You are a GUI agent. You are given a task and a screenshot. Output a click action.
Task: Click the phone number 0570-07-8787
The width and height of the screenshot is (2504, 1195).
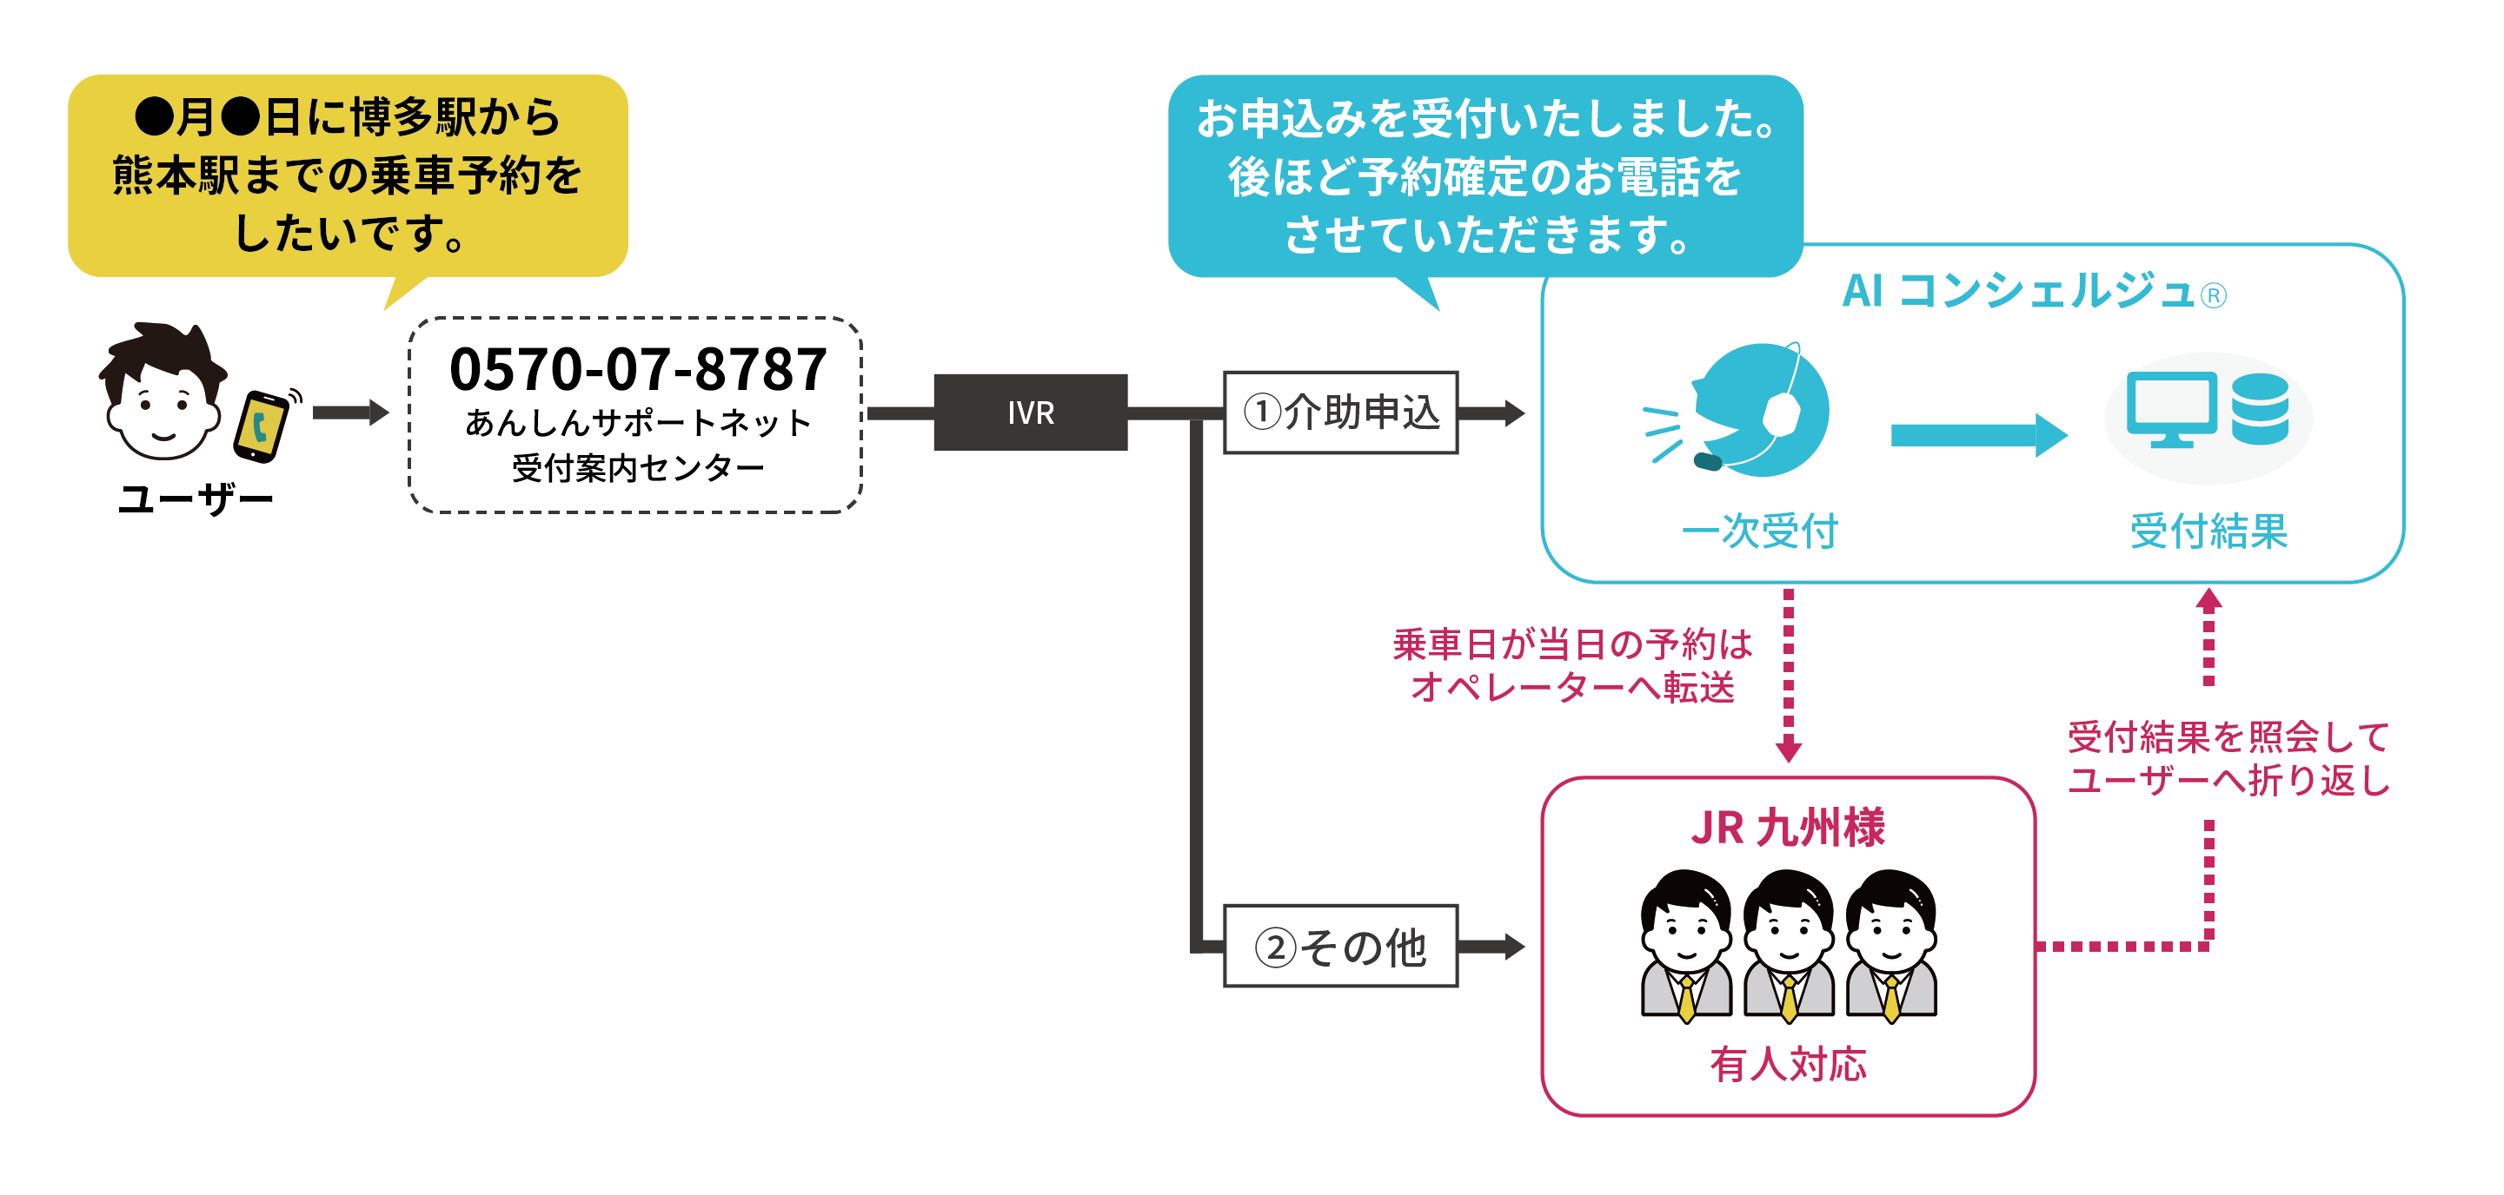coord(638,370)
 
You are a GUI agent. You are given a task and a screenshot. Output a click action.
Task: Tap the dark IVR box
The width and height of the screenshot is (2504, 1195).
coord(1031,413)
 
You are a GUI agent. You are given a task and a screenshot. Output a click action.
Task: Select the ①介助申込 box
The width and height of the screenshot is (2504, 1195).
coord(1340,413)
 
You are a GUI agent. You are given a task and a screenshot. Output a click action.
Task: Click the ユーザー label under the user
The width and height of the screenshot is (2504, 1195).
coord(196,499)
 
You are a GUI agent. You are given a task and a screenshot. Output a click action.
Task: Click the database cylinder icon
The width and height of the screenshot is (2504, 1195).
coord(2260,409)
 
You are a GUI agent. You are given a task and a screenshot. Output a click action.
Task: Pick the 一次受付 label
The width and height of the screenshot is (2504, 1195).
coord(1759,531)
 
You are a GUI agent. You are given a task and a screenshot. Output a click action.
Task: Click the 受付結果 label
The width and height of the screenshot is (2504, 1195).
coord(2208,531)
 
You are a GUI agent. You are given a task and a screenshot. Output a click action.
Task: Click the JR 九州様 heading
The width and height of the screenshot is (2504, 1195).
coord(1788,828)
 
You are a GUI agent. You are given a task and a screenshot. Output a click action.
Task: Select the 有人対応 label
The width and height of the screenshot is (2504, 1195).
coord(1788,1065)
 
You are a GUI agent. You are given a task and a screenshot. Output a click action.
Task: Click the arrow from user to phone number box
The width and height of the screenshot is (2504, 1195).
coord(350,413)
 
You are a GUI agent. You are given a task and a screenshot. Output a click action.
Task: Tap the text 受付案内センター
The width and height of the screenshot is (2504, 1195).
coord(638,469)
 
